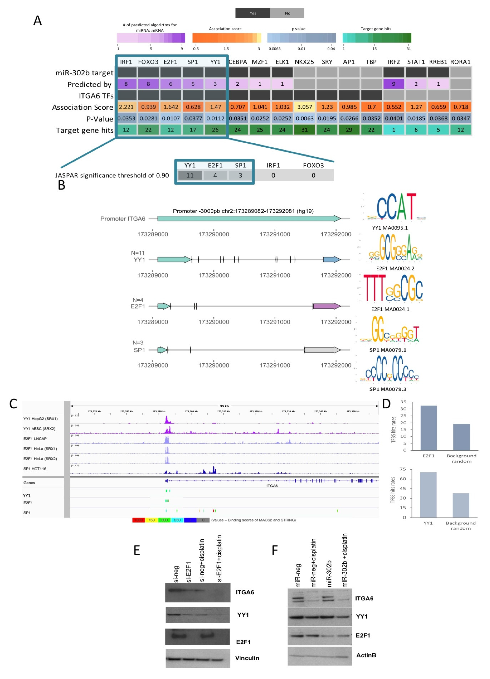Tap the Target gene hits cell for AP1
349,130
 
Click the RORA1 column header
460,62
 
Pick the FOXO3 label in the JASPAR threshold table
313,165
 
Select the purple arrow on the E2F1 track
327,306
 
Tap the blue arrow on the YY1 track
331,260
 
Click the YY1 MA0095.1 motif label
390,228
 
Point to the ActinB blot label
366,655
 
